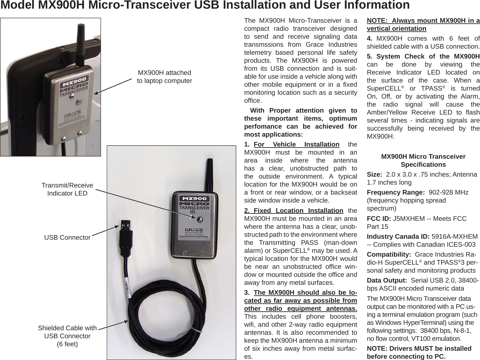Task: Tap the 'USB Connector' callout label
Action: click(67, 237)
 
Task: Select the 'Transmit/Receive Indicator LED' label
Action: click(67, 189)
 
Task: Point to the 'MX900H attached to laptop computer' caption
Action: click(164, 76)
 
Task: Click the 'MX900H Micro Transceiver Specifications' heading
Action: click(423, 160)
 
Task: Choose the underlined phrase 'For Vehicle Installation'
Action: click(296, 144)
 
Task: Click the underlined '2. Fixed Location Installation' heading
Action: click(294, 211)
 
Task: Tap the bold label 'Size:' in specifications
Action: click(374, 175)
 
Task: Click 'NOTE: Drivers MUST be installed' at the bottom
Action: click(419, 348)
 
